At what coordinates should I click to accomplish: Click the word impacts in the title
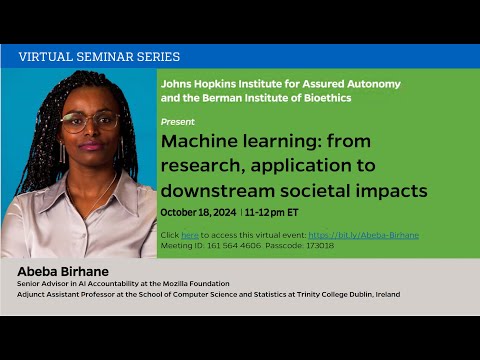[391, 190]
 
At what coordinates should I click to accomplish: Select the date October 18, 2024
[197, 213]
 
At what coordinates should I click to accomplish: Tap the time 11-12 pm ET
[271, 213]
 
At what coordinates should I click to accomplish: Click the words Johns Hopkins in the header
[190, 85]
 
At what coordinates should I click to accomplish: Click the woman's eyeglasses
[88, 122]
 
